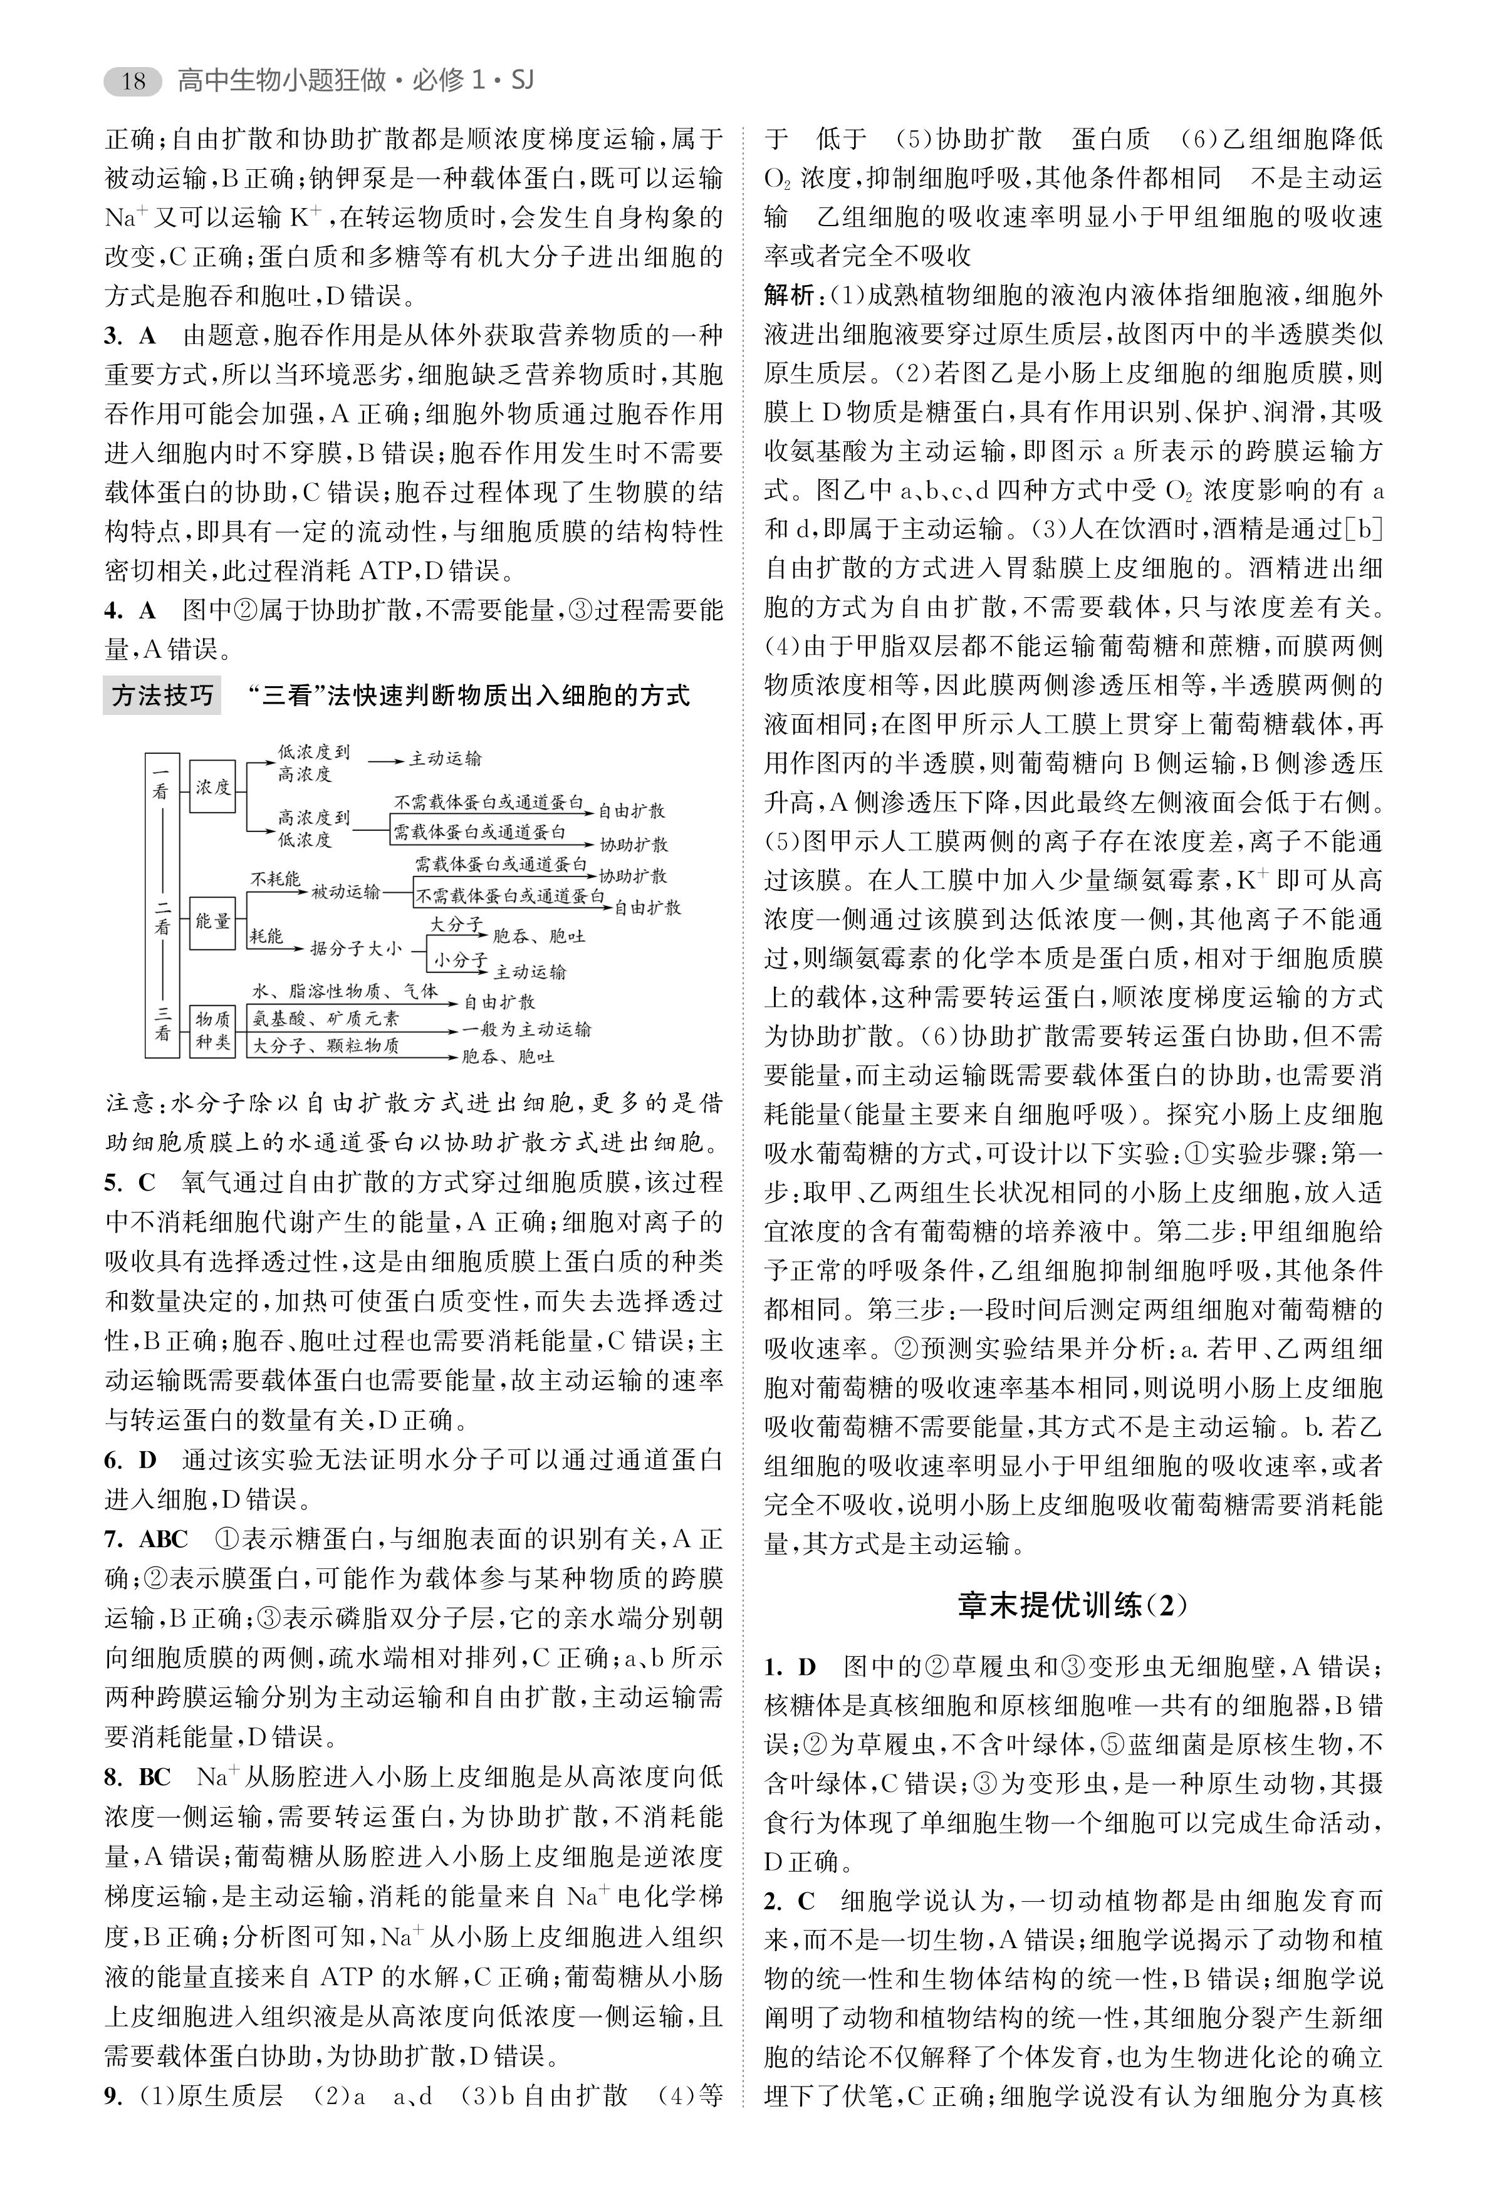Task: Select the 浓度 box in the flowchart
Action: pyautogui.click(x=212, y=786)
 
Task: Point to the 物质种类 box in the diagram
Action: pyautogui.click(x=212, y=1030)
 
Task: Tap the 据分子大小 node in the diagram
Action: pyautogui.click(x=356, y=947)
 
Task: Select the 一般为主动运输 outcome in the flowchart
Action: pyautogui.click(x=526, y=1029)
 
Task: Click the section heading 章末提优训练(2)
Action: pyautogui.click(x=1073, y=1605)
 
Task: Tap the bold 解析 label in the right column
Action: pyautogui.click(x=791, y=296)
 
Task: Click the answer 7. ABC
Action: pyautogui.click(x=146, y=1538)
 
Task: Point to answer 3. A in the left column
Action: pyautogui.click(x=130, y=336)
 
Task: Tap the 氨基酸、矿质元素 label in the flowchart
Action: pyautogui.click(x=325, y=1019)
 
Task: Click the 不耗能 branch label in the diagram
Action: pyautogui.click(x=275, y=879)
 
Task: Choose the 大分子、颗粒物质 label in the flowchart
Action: pyautogui.click(x=325, y=1045)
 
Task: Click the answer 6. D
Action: pyautogui.click(x=130, y=1459)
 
